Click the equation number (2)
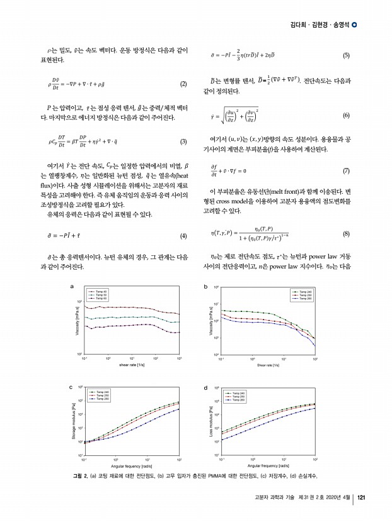[x=183, y=84]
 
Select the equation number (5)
[x=346, y=55]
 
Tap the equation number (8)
[x=346, y=233]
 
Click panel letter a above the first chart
[x=72, y=287]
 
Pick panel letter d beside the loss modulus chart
[x=207, y=387]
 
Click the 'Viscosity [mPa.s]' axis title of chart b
[x=209, y=321]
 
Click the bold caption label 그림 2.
[x=81, y=474]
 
